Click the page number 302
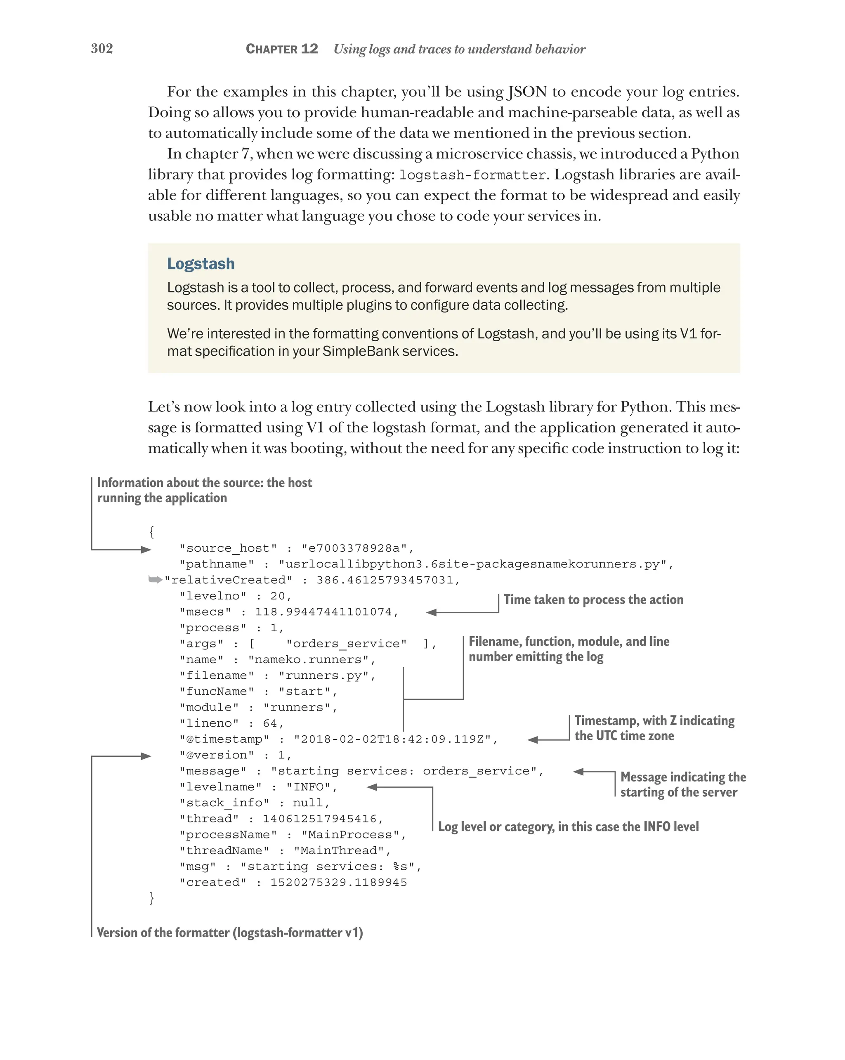coord(102,48)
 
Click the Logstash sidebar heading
coord(201,264)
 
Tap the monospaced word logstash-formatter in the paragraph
coord(472,175)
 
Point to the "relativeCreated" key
coord(229,580)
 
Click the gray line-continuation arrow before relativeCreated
coord(155,580)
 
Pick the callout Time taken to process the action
coord(593,600)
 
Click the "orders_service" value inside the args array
coord(347,644)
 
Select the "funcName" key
coord(217,692)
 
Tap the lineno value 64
coord(270,724)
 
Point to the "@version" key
coord(217,755)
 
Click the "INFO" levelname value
coord(309,787)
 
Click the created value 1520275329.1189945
coord(339,883)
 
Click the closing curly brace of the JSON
coord(152,898)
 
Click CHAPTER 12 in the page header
coord(282,49)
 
